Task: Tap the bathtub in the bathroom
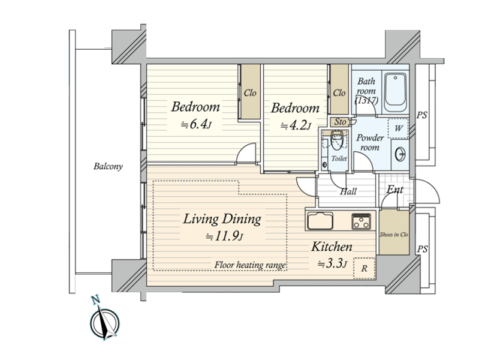coord(395,92)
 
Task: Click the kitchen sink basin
coord(320,221)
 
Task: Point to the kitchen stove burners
coord(361,221)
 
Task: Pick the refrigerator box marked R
coord(365,268)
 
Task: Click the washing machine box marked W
coord(398,128)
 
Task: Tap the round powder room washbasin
coord(400,154)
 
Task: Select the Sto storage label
coord(340,122)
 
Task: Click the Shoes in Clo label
coord(394,235)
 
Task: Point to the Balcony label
coord(108,166)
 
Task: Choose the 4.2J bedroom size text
coord(296,126)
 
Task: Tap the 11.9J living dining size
coord(224,236)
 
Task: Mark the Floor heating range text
coord(250,265)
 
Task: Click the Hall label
coord(348,191)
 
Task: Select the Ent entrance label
coord(395,190)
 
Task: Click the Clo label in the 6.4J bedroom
coord(250,93)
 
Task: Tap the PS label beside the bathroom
coord(422,115)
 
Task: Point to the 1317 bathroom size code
coord(367,101)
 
